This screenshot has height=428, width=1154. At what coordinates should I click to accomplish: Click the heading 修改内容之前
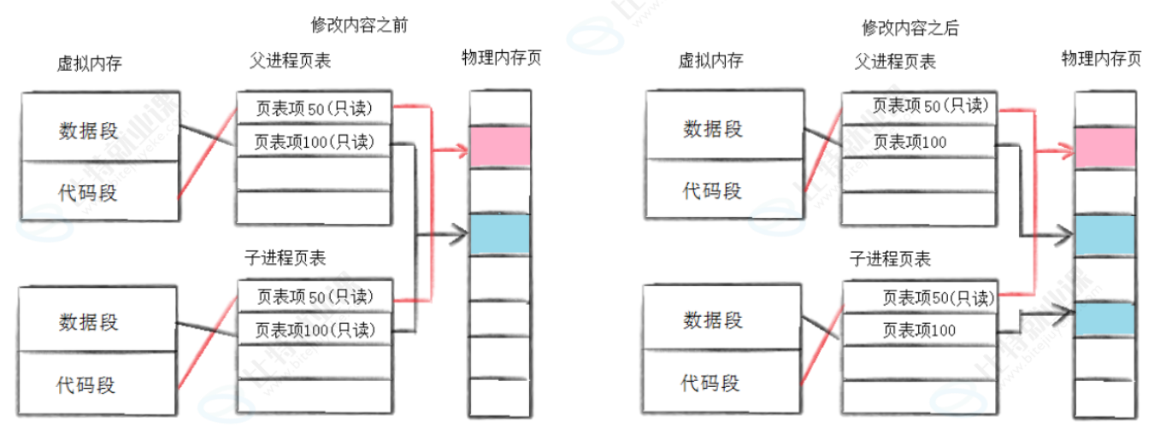[359, 26]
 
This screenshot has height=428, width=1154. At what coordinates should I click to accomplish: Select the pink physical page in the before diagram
[500, 147]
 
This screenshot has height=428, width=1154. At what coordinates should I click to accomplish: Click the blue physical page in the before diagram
[500, 234]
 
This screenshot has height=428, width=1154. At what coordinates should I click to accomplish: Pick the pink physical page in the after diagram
[1104, 147]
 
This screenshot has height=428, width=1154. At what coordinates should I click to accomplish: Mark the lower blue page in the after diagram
[1104, 318]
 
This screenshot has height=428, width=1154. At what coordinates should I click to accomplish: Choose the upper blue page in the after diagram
[1104, 236]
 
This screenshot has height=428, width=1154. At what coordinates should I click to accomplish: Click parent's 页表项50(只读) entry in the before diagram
[314, 108]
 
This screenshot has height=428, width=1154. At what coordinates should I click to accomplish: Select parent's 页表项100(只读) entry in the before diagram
[314, 142]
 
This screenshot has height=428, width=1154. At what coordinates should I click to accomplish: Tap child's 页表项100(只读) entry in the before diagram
[314, 329]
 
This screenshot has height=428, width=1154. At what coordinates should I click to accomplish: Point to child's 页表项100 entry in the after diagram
[919, 330]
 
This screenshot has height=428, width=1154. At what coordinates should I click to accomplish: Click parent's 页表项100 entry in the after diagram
[919, 142]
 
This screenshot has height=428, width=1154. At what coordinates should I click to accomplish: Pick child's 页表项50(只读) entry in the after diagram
[919, 298]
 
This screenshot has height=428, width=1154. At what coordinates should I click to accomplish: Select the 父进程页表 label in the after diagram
[895, 62]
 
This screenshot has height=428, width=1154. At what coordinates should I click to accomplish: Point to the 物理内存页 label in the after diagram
[1101, 59]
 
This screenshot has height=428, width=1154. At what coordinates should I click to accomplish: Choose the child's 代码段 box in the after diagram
[711, 382]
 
